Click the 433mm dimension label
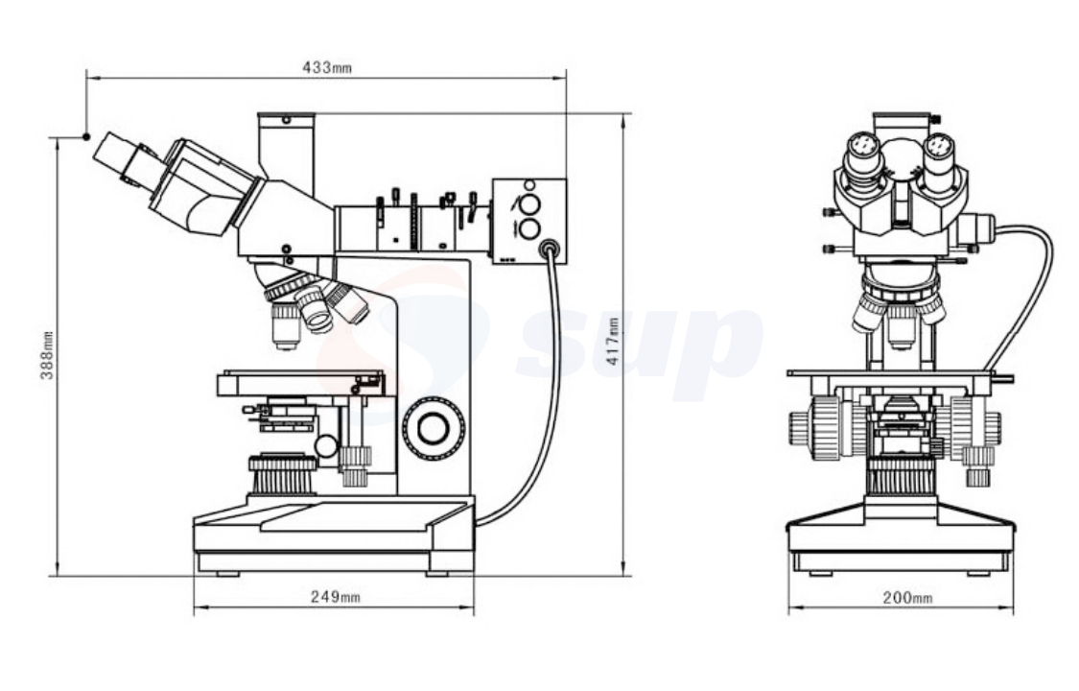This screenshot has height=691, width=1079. click(x=326, y=68)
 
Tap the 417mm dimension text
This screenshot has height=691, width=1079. click(x=613, y=342)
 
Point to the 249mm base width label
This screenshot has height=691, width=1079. click(x=335, y=597)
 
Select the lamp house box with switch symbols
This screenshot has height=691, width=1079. click(x=528, y=221)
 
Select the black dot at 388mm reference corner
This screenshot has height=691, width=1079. click(x=86, y=137)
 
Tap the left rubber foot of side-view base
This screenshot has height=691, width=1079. click(x=227, y=574)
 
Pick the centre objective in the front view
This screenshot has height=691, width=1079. click(x=901, y=326)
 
